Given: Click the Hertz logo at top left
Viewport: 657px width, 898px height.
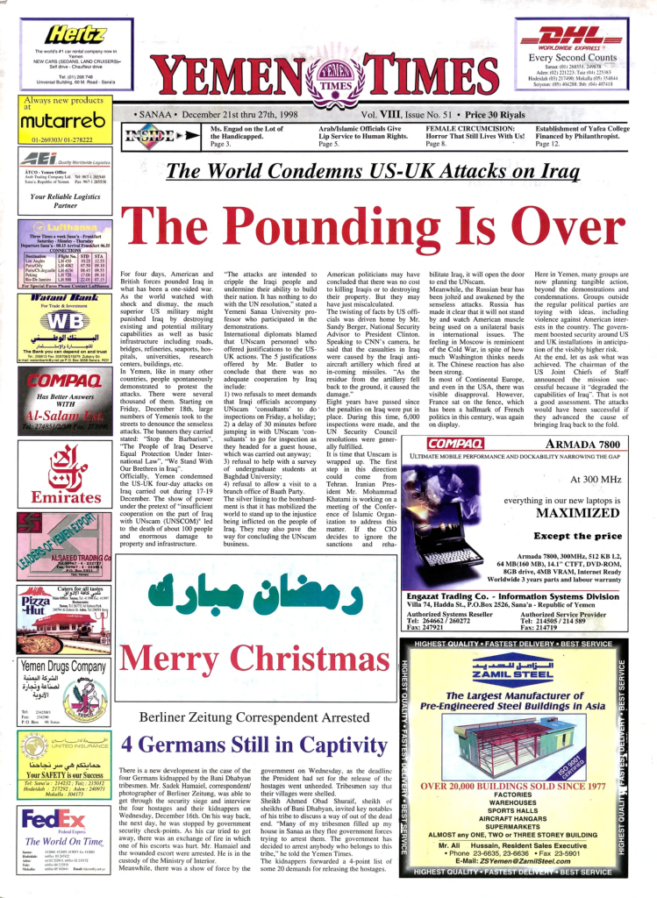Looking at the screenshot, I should tap(77, 35).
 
